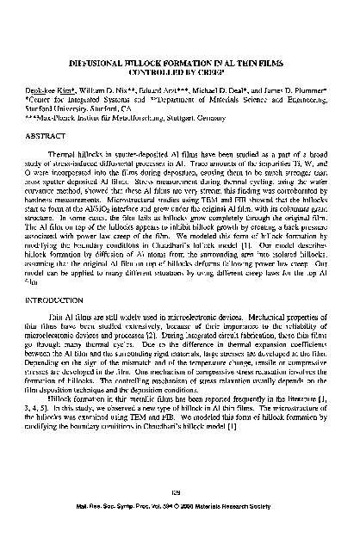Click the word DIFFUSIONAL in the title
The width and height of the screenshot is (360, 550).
click(x=99, y=63)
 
